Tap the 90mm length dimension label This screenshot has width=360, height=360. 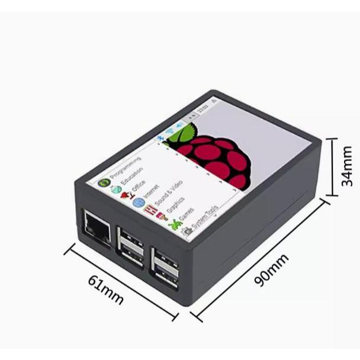(271, 269)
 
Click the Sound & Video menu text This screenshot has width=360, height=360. (168, 196)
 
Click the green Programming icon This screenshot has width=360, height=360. (103, 182)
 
